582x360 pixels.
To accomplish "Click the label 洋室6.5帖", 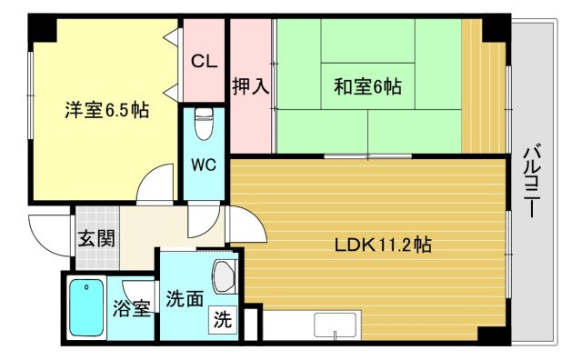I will point(106,111).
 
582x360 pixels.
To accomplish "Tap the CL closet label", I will point(205,63).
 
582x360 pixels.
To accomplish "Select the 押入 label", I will point(251,87).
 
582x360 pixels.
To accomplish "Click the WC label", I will point(204,166).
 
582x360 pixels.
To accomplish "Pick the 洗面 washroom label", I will point(186,299).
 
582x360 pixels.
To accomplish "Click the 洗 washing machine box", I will point(223,319).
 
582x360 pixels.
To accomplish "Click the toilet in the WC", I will point(204,123).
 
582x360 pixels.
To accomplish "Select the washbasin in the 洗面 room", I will point(224,276).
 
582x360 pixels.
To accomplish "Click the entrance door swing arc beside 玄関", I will point(47,233).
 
